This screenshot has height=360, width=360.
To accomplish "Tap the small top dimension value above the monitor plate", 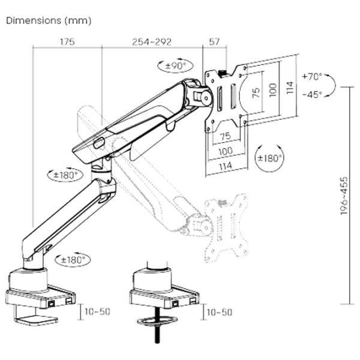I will (212, 42).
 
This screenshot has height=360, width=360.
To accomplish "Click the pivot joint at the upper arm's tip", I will (200, 93).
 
